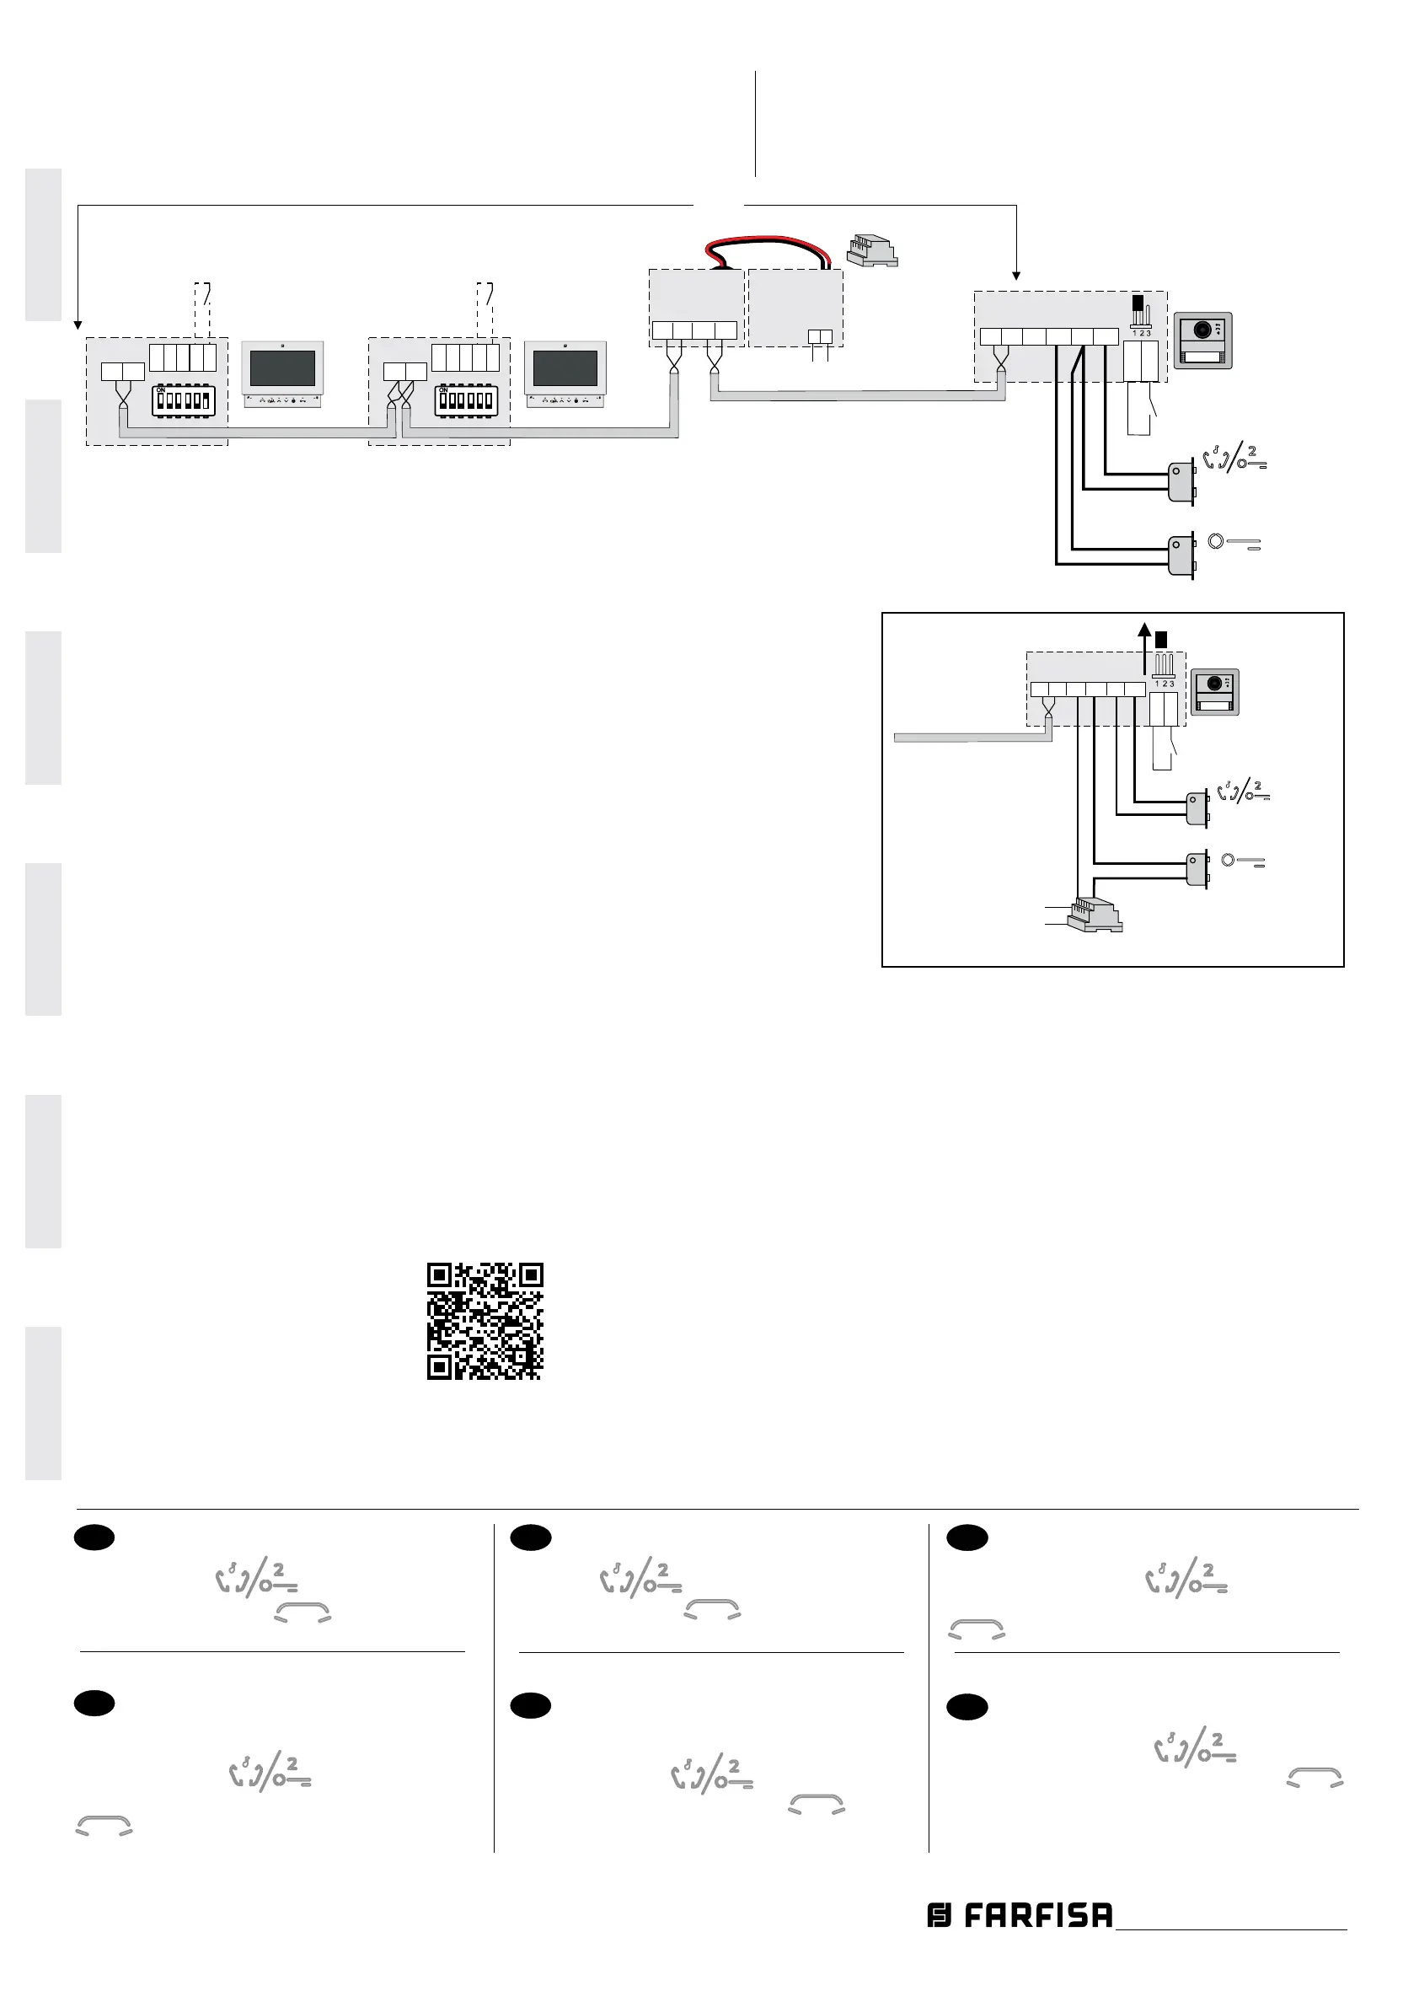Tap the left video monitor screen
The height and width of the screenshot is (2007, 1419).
(282, 369)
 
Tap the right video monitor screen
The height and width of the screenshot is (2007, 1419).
(565, 369)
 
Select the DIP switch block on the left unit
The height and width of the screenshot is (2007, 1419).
(184, 400)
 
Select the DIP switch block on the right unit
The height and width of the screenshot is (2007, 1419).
(466, 400)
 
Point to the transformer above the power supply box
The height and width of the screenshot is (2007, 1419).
(871, 250)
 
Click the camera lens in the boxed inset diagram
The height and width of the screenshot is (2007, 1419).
(1214, 683)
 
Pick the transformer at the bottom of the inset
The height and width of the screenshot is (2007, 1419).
(1095, 915)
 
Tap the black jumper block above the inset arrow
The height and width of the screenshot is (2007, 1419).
(1161, 640)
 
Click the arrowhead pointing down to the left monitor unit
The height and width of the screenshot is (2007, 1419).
(78, 325)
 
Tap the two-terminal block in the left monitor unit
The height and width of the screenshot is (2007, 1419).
(123, 372)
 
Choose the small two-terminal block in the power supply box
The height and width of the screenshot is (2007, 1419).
(820, 336)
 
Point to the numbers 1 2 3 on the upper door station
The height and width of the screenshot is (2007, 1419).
(1141, 333)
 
